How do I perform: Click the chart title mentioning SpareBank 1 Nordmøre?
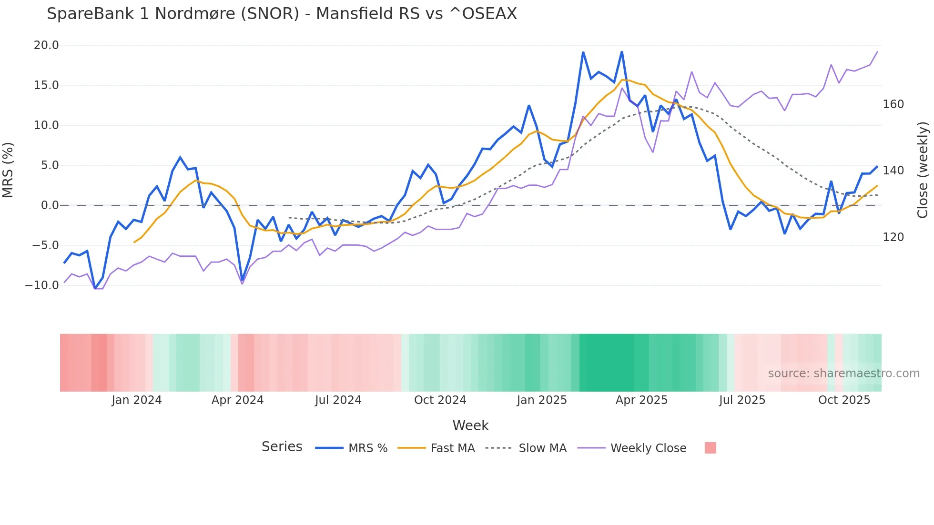point(282,14)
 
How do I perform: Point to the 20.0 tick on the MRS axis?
point(46,45)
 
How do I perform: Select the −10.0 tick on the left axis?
point(42,285)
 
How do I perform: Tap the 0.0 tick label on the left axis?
point(50,205)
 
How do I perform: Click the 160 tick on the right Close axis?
point(893,104)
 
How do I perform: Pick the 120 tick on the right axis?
point(893,237)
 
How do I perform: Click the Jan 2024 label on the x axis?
point(136,400)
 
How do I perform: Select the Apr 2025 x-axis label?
point(641,400)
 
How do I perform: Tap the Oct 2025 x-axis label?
point(844,400)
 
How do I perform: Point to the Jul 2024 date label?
point(338,400)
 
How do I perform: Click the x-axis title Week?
point(470,425)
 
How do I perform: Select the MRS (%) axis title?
point(8,170)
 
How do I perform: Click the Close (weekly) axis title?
point(923,170)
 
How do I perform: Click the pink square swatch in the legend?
point(710,448)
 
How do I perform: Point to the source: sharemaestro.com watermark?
point(843,374)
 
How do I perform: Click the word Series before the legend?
point(282,447)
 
